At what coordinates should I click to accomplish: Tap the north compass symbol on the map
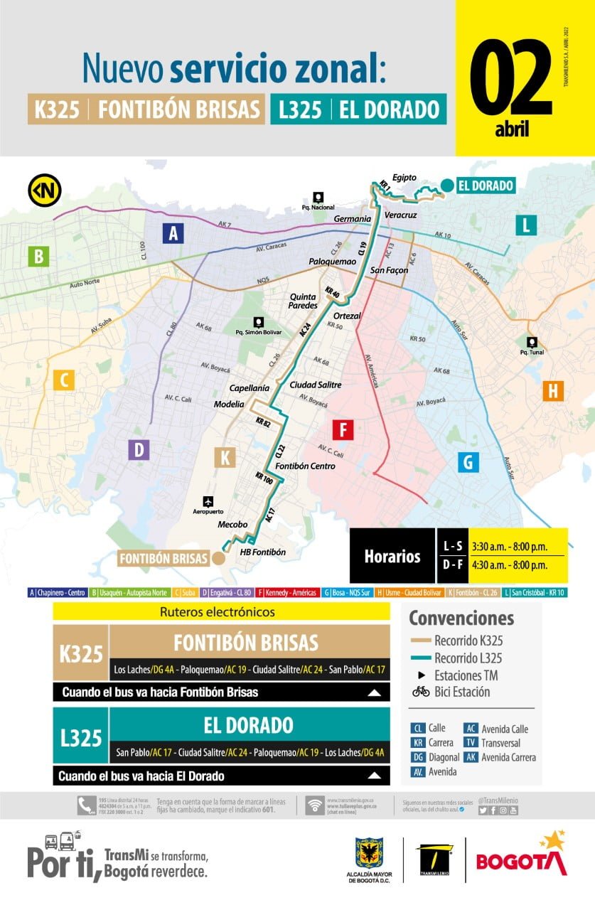(x=44, y=191)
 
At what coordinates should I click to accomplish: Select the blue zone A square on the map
(x=173, y=232)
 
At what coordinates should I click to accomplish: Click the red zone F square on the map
(x=343, y=431)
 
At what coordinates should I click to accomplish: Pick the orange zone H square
(x=553, y=390)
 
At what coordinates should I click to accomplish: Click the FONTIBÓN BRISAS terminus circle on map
(x=219, y=558)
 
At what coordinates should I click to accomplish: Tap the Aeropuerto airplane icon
(x=208, y=500)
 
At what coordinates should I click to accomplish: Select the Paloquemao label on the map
(x=332, y=262)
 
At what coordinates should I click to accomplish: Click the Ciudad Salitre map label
(x=316, y=385)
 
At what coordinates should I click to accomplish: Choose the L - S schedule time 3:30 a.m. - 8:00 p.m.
(x=508, y=546)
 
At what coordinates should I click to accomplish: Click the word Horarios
(x=392, y=556)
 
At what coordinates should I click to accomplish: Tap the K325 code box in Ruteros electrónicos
(x=81, y=653)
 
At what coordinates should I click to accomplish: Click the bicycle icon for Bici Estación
(x=421, y=692)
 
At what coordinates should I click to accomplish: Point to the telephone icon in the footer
(x=85, y=805)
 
